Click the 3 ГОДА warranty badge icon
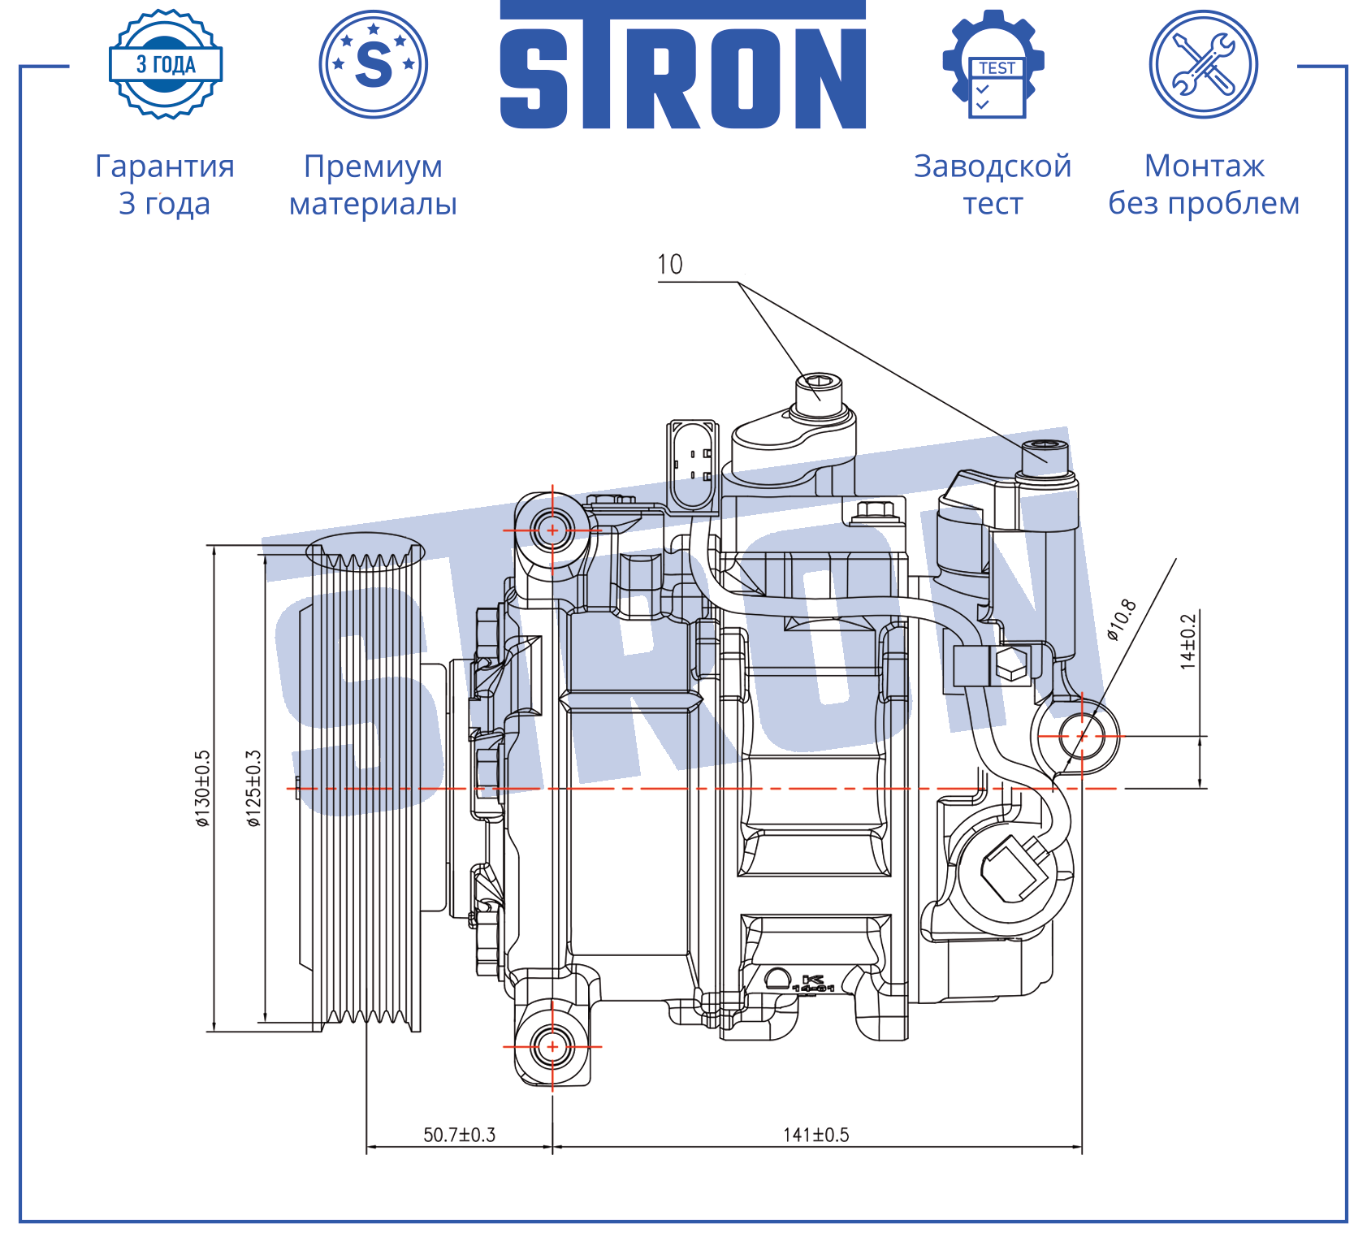[166, 64]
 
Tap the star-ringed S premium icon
[374, 64]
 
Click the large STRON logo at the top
[683, 65]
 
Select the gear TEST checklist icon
[993, 64]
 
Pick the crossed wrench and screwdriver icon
[1204, 64]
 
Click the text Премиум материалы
[374, 185]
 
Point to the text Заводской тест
[993, 185]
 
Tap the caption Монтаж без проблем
[1204, 185]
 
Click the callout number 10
[670, 264]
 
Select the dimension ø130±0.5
[202, 789]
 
